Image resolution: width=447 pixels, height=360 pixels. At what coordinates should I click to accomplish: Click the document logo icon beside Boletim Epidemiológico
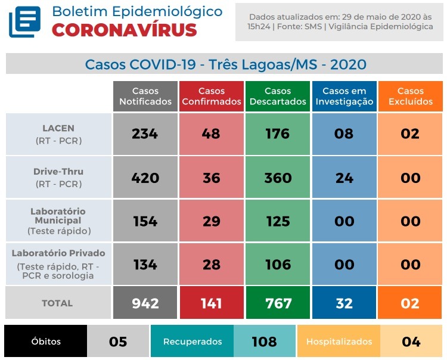pyautogui.click(x=24, y=22)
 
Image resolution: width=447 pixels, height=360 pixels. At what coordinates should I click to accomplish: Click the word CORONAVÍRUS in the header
pyautogui.click(x=124, y=30)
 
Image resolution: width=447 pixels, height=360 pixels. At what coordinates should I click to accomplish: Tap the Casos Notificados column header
pyautogui.click(x=145, y=97)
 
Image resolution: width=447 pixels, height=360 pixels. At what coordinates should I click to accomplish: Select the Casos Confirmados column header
pyautogui.click(x=212, y=97)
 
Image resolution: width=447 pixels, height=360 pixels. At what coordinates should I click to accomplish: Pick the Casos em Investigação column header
pyautogui.click(x=344, y=97)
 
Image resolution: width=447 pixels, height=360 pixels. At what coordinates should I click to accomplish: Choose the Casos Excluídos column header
pyautogui.click(x=410, y=97)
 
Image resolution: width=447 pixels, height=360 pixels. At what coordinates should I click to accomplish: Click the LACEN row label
pyautogui.click(x=58, y=134)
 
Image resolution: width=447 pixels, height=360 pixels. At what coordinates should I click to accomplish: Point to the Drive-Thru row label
pyautogui.click(x=58, y=178)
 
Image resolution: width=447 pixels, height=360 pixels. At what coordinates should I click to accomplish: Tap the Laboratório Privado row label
pyautogui.click(x=58, y=264)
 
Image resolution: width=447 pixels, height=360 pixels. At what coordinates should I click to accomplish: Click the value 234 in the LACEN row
pyautogui.click(x=145, y=134)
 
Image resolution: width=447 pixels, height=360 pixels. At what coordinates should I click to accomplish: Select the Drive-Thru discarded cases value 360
pyautogui.click(x=278, y=178)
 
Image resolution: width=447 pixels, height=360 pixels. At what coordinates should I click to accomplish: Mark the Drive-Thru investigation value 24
pyautogui.click(x=344, y=178)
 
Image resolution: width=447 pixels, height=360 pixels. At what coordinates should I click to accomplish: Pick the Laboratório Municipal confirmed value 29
pyautogui.click(x=212, y=221)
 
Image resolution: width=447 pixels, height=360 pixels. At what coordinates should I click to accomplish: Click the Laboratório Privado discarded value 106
pyautogui.click(x=278, y=265)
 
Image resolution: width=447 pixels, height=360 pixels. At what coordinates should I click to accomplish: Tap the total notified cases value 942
pyautogui.click(x=145, y=303)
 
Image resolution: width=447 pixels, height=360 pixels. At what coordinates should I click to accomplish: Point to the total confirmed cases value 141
pyautogui.click(x=212, y=303)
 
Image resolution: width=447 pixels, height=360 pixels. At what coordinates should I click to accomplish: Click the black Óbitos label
pyautogui.click(x=46, y=342)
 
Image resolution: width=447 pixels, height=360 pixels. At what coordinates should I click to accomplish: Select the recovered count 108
pyautogui.click(x=264, y=342)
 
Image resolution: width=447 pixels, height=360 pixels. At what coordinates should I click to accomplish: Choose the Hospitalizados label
pyautogui.click(x=339, y=342)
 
